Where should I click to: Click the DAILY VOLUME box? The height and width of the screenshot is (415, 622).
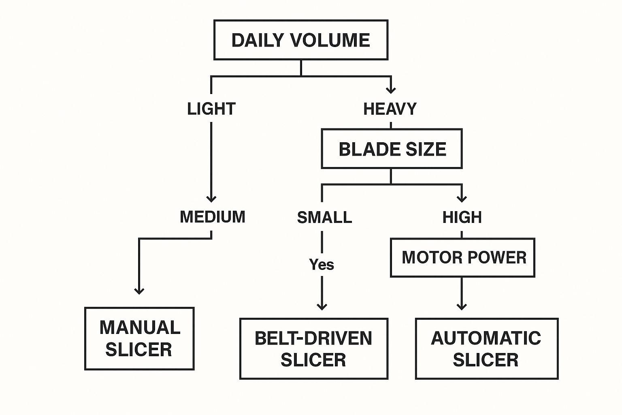pos(300,40)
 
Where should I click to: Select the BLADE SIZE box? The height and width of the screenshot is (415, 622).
pos(392,149)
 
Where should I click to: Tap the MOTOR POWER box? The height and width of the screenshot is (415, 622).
pos(462,258)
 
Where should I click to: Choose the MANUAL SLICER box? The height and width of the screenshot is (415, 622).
pos(139,339)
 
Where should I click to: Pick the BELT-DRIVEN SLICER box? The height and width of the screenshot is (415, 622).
pos(313,349)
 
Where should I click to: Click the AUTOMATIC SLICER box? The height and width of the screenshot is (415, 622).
pos(486,349)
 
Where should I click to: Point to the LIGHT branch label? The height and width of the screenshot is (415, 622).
pos(211,109)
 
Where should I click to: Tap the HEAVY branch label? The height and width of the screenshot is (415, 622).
pos(390,109)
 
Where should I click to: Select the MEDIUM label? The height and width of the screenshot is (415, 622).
pos(213,217)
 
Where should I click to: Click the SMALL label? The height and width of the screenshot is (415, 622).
pos(324,218)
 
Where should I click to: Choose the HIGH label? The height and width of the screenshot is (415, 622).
pos(462,218)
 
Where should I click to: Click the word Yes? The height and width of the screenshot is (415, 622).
pos(322,265)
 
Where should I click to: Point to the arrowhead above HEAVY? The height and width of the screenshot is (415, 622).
pos(391,90)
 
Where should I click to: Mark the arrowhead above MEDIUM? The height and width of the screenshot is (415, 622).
pos(211,199)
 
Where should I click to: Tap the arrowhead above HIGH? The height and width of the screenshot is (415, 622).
pos(462,199)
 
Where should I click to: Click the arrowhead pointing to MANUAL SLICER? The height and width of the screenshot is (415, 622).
pos(139,291)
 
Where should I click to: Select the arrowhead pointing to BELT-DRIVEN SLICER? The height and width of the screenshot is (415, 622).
pos(322,306)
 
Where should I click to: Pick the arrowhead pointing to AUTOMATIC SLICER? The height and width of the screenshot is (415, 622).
pos(462,306)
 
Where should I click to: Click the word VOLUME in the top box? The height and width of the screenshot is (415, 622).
pos(330,40)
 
